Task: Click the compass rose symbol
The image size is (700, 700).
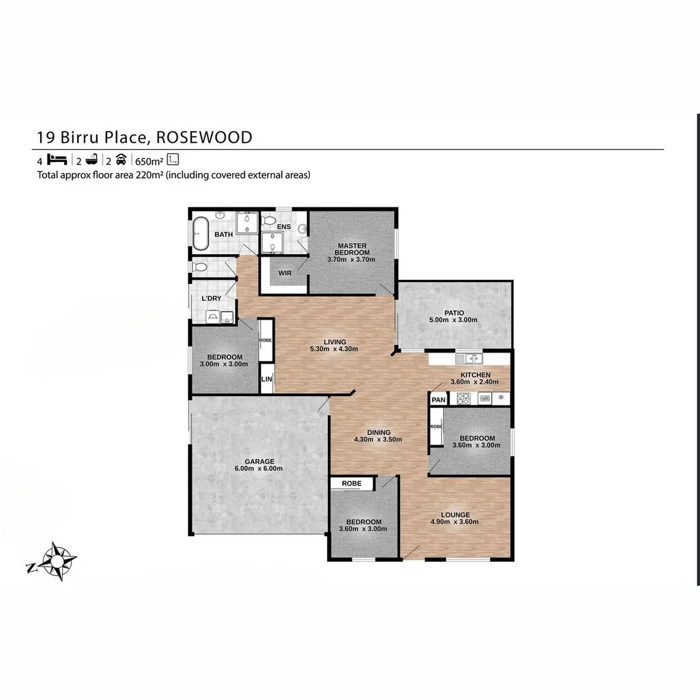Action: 57,560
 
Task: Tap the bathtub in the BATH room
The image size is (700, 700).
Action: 200,234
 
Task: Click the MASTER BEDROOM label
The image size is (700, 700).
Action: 352,249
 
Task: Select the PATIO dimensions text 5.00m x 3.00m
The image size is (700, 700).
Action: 453,320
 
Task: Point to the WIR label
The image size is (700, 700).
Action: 284,274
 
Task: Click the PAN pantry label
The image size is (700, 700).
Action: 439,400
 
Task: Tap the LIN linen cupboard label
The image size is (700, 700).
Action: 266,380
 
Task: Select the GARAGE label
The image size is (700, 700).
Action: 259,461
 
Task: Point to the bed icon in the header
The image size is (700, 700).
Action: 58,160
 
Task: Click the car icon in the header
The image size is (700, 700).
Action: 121,160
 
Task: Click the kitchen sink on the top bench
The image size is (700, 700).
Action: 467,358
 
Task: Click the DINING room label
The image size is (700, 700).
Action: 379,432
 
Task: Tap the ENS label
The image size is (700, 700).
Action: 283,227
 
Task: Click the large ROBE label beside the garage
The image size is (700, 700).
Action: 352,484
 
